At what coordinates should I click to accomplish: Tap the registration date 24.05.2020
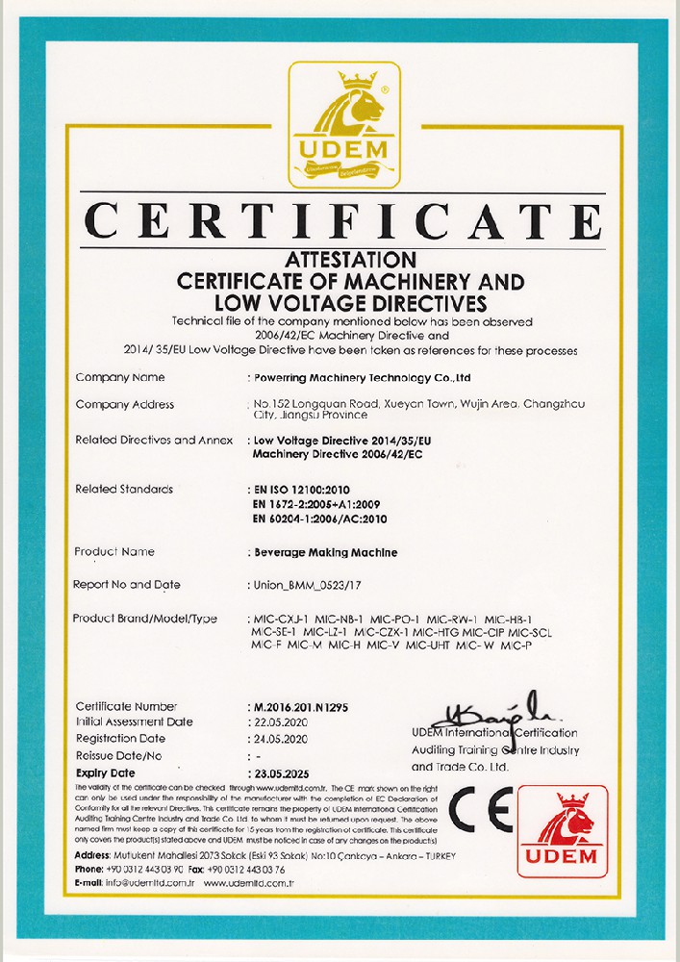click(x=285, y=739)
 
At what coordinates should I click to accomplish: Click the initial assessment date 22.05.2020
click(x=285, y=721)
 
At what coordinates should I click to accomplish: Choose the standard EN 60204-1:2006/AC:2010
click(x=330, y=519)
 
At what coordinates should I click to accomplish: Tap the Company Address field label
click(x=125, y=404)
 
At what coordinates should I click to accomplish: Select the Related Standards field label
click(x=124, y=490)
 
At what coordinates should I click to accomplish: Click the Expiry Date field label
click(x=106, y=772)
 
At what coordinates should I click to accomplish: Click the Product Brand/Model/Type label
click(x=145, y=618)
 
